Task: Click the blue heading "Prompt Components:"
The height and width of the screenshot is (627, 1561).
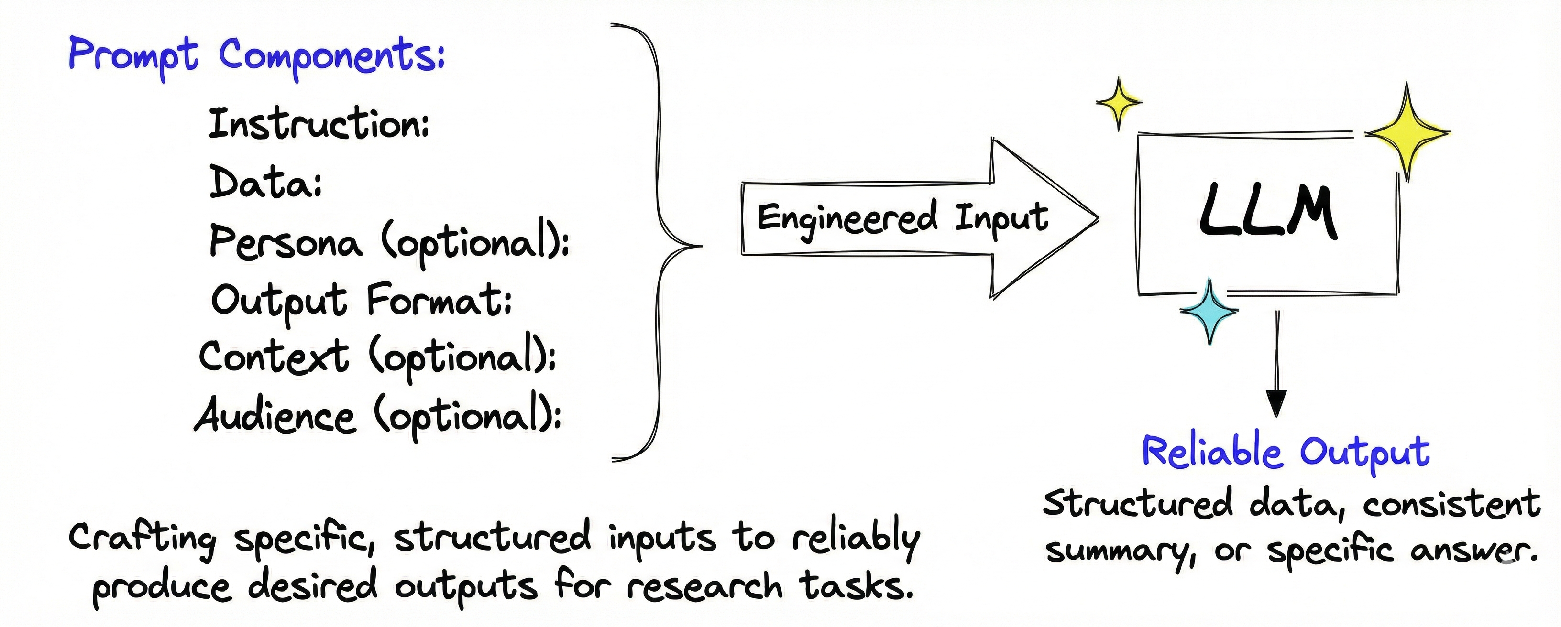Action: coord(256,56)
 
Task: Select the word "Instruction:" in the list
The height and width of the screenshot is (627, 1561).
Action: coord(319,124)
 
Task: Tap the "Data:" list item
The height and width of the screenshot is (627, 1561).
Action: coord(265,183)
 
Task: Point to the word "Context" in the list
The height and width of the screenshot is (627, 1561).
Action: coord(274,356)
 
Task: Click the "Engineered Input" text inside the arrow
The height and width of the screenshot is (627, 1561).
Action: coord(902,218)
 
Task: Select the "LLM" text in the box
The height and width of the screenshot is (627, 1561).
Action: coord(1268,212)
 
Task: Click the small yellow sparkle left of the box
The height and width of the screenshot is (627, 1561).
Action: coord(1119,103)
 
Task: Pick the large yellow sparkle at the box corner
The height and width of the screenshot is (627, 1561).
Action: coord(1407,132)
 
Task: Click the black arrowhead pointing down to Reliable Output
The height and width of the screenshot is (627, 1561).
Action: coord(1276,402)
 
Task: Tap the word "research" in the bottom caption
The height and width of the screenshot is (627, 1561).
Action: coord(704,586)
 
